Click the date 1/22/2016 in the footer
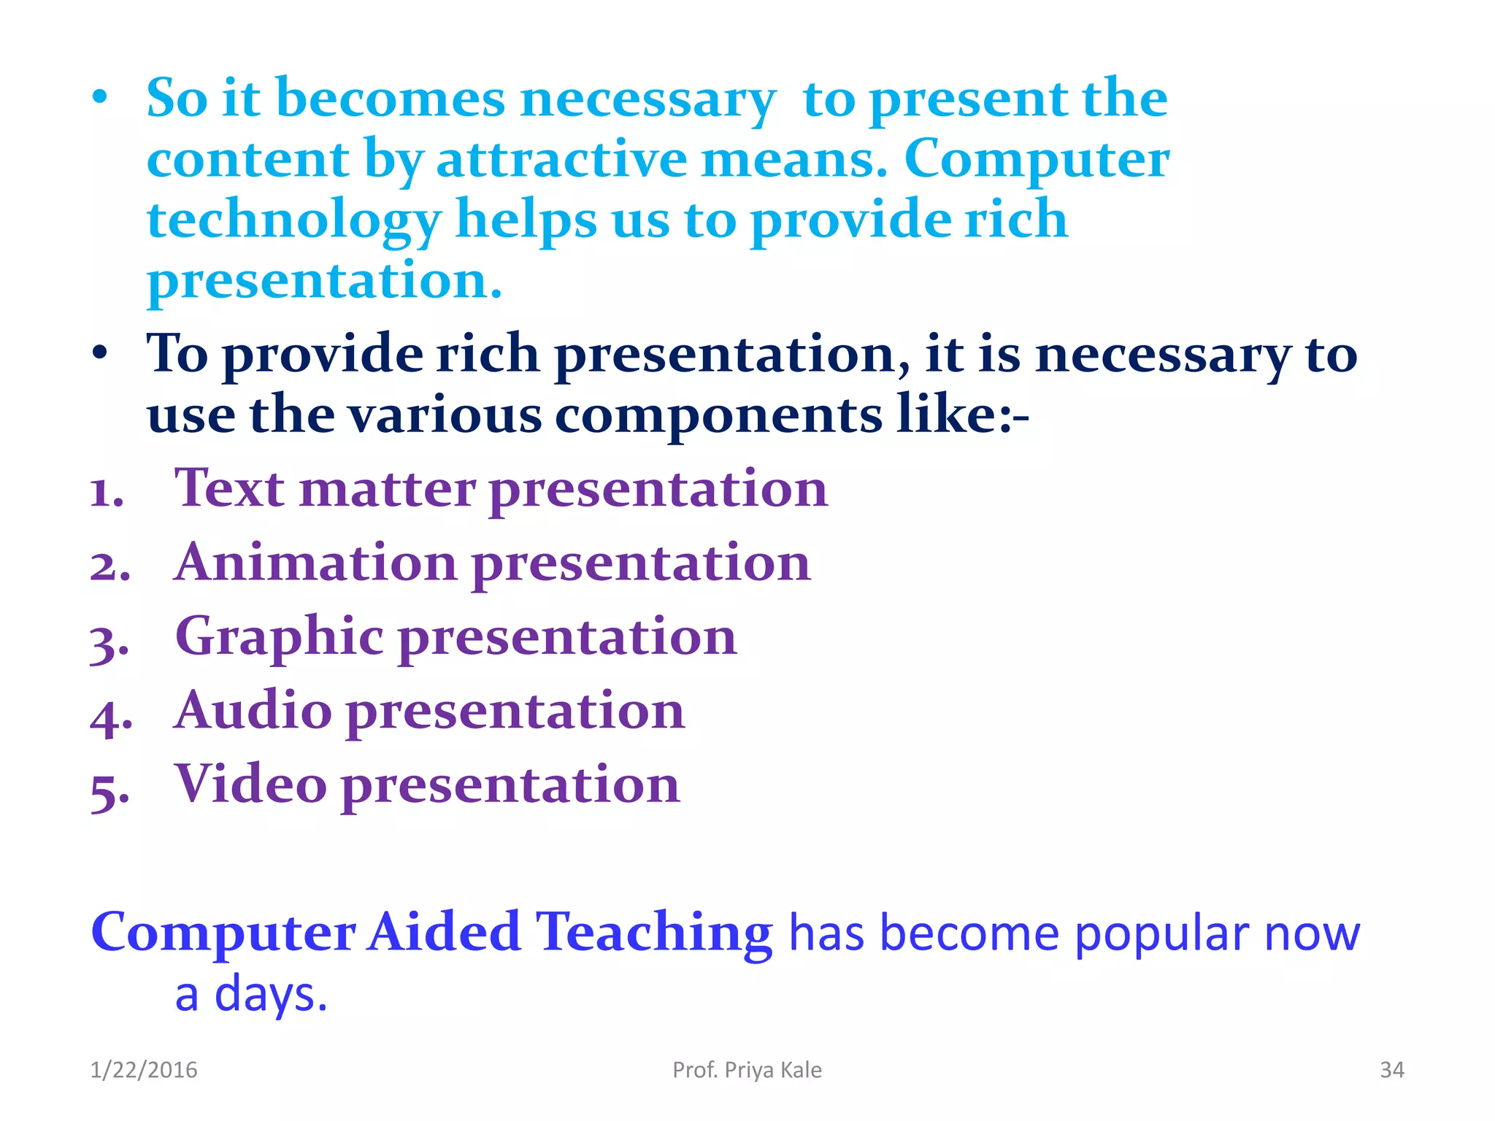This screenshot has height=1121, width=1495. [x=144, y=1070]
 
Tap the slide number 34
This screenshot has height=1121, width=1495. [x=1391, y=1070]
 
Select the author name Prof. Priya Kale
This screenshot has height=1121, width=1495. [x=747, y=1070]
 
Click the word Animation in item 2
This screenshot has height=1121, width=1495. [x=316, y=563]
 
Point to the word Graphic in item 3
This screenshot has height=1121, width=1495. [x=279, y=637]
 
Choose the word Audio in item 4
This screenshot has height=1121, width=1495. [x=253, y=710]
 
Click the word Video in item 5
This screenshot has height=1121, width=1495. [x=250, y=785]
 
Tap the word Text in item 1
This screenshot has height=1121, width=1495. [x=229, y=488]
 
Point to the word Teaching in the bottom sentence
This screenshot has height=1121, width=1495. [x=654, y=933]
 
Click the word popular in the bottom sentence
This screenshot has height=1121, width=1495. [x=1162, y=933]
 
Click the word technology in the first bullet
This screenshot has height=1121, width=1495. [x=293, y=220]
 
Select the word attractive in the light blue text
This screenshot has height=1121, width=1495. [x=561, y=159]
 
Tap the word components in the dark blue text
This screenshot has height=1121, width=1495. [x=718, y=415]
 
